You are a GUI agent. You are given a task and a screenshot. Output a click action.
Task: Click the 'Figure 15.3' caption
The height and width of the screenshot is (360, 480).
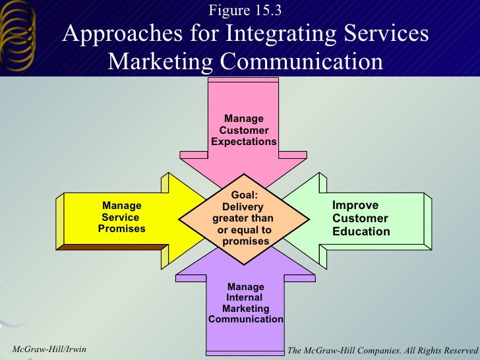click(x=245, y=11)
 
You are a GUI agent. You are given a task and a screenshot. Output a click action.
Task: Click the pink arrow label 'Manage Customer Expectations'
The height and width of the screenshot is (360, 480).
click(x=244, y=131)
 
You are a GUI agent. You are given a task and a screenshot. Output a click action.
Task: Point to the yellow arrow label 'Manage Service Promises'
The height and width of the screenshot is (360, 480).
click(x=122, y=217)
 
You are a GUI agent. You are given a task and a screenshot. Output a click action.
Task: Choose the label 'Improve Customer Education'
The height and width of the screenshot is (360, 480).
click(x=361, y=218)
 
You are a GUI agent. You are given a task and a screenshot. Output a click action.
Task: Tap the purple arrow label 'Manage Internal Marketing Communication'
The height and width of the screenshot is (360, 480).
click(x=246, y=303)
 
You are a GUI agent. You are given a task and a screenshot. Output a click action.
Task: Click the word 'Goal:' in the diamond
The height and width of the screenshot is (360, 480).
click(x=244, y=195)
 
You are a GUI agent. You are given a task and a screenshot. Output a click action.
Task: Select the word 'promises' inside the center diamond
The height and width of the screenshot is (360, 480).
click(x=246, y=241)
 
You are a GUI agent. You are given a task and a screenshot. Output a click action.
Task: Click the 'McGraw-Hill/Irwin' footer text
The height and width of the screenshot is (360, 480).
click(x=45, y=347)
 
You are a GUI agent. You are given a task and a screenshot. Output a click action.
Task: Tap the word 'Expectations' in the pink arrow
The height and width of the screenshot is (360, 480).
click(x=244, y=142)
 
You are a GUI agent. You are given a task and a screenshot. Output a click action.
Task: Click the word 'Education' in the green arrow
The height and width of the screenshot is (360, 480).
click(x=361, y=231)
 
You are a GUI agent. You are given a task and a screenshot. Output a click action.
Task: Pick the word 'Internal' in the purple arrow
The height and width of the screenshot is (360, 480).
click(x=245, y=297)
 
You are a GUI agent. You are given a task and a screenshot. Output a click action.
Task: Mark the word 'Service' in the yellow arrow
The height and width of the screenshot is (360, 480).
click(x=121, y=217)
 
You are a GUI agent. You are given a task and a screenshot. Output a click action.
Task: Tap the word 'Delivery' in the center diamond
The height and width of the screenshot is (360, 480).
click(x=243, y=206)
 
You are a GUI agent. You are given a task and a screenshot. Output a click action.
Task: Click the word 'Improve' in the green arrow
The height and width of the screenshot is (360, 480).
click(x=355, y=205)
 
